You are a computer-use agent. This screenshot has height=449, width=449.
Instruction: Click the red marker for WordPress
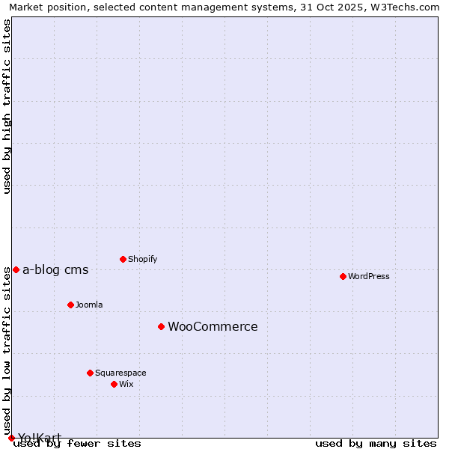coord(343,276)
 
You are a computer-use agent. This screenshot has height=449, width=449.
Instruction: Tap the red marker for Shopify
coord(123,259)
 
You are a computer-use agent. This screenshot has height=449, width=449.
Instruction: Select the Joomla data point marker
coord(70,305)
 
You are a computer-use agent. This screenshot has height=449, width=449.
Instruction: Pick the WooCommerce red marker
coord(161,326)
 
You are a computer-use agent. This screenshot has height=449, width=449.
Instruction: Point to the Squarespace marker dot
coord(90,373)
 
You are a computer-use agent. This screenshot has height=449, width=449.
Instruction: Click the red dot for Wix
coord(114,384)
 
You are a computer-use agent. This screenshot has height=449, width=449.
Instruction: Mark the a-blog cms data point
coord(16,269)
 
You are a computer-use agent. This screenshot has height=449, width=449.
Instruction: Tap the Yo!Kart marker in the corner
coord(11,438)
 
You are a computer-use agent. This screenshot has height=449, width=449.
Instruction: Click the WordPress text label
coord(369,276)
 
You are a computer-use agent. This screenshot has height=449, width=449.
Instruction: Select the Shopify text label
coord(142,259)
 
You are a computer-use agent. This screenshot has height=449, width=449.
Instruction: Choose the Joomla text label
coord(89,305)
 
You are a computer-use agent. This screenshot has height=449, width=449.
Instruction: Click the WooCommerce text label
coord(213,326)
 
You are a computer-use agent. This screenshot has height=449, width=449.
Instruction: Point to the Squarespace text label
coord(120,373)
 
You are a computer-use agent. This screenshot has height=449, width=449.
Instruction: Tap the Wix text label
coord(126,384)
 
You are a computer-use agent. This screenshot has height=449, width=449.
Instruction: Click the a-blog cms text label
coord(55,270)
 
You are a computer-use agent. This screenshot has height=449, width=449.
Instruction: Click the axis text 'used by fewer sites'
coord(78,444)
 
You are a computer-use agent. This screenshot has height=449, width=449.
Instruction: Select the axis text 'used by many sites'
coord(376,444)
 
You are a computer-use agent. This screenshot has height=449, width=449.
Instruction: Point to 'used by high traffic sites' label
coord(7,106)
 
